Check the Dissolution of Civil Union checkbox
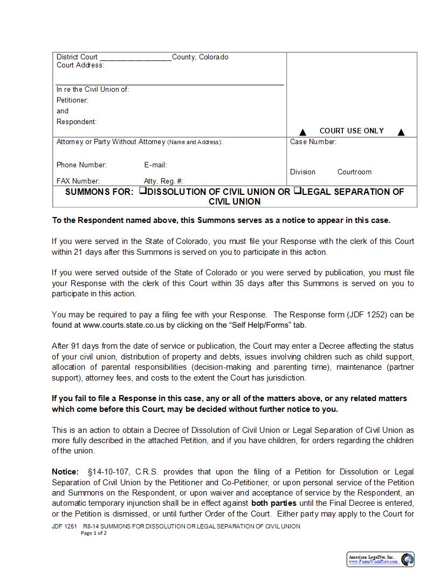point(142,191)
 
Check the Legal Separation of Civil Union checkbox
point(297,191)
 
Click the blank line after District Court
point(135,58)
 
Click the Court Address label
point(80,65)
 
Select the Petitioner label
point(72,100)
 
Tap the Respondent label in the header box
point(77,121)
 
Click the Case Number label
point(313,142)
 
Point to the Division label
point(302,172)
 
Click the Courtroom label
point(354,172)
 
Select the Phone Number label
point(81,165)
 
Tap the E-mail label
point(155,165)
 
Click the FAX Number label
point(78,181)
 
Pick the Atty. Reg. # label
point(163,181)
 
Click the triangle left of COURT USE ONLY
point(302,132)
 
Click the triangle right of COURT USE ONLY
point(401,132)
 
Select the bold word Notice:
point(65,472)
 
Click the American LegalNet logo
point(380,559)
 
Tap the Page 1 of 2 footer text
point(94,533)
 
